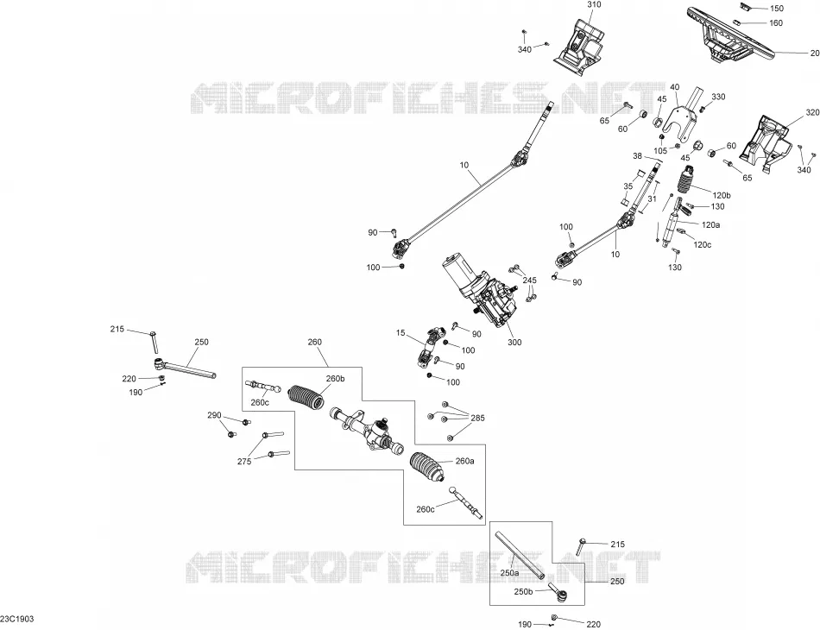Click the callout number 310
pos(594,4)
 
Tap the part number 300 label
pos(514,343)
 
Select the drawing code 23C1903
pos(17,619)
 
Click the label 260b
pos(335,379)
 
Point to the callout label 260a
pos(465,461)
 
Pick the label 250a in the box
pos(509,573)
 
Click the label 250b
pos(523,591)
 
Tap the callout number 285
pos(477,419)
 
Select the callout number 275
pos(244,461)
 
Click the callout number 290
pos(214,416)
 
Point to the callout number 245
pos(529,280)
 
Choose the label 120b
pos(721,196)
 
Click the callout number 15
pos(401,333)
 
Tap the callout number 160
pos(776,23)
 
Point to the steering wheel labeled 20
pos(730,34)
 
